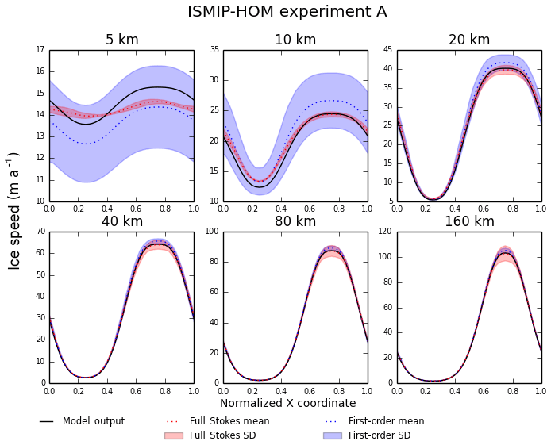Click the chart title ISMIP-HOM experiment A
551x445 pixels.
click(287, 12)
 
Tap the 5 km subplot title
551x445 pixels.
click(121, 40)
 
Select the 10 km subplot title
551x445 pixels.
click(295, 40)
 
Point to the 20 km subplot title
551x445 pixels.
click(469, 40)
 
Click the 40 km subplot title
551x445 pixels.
click(121, 221)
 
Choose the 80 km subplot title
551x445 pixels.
click(295, 221)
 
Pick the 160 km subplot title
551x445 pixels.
click(469, 221)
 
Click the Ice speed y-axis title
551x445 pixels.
click(14, 210)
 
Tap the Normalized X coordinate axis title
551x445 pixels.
click(288, 403)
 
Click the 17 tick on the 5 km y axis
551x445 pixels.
click(40, 50)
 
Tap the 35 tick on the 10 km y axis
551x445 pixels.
click(214, 50)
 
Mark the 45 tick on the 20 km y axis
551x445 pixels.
click(387, 50)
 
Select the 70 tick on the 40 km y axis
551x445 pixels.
click(40, 232)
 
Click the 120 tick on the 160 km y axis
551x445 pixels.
click(385, 232)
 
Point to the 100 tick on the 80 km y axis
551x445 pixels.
click(211, 232)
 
